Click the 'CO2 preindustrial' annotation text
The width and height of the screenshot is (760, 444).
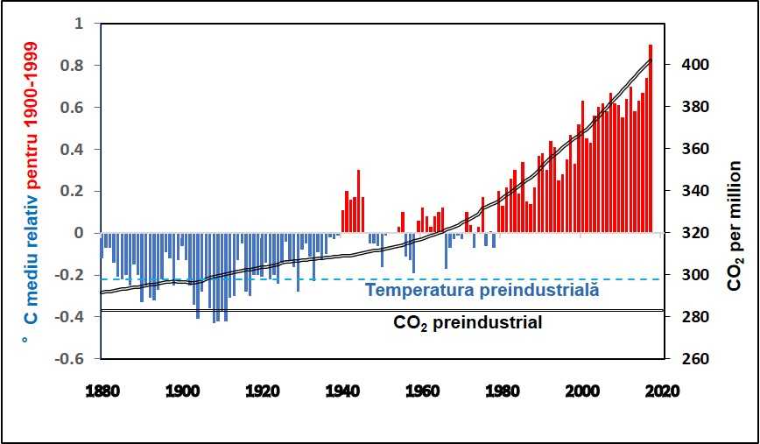[x=468, y=323]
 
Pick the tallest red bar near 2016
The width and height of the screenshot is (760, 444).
[x=651, y=140]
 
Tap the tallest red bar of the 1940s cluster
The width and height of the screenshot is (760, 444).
[x=358, y=201]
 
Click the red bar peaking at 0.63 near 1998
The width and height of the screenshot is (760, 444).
[x=582, y=166]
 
